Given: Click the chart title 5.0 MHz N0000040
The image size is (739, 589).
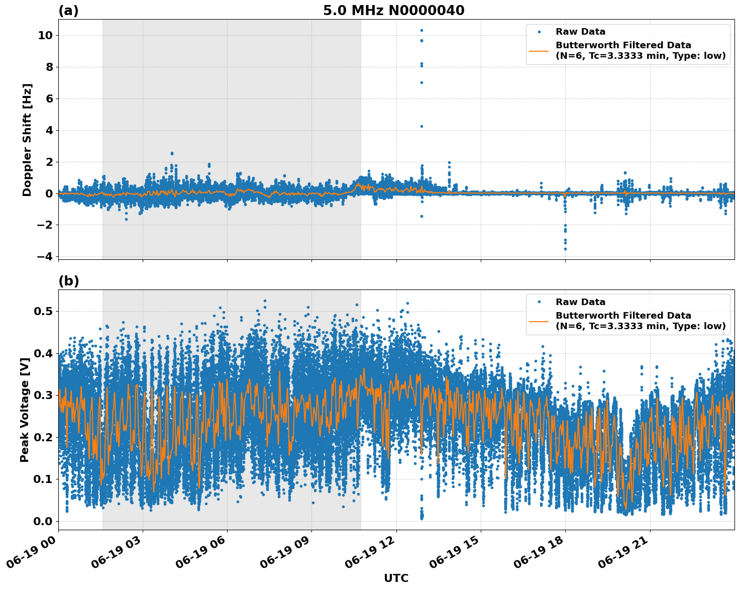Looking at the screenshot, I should click(393, 11).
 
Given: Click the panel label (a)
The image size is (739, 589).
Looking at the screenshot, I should click(68, 11).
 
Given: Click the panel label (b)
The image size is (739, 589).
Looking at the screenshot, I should click(68, 281).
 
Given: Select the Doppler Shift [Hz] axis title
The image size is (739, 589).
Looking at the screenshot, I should click(27, 140).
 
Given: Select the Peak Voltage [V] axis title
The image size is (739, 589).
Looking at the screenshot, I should click(25, 410).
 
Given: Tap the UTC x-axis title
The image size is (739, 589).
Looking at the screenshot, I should click(396, 578).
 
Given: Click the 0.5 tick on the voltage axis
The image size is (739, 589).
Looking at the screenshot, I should click(43, 312).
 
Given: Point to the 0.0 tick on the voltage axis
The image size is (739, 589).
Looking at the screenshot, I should click(43, 521).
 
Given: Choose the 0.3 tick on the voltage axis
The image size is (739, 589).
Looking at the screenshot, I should click(43, 396).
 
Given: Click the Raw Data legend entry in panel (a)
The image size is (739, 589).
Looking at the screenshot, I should click(580, 32).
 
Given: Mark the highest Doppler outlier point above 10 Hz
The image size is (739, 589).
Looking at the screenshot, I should click(421, 30).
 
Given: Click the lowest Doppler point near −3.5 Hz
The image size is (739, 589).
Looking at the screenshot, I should click(565, 249).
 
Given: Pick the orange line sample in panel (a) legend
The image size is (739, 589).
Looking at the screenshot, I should click(539, 51).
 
